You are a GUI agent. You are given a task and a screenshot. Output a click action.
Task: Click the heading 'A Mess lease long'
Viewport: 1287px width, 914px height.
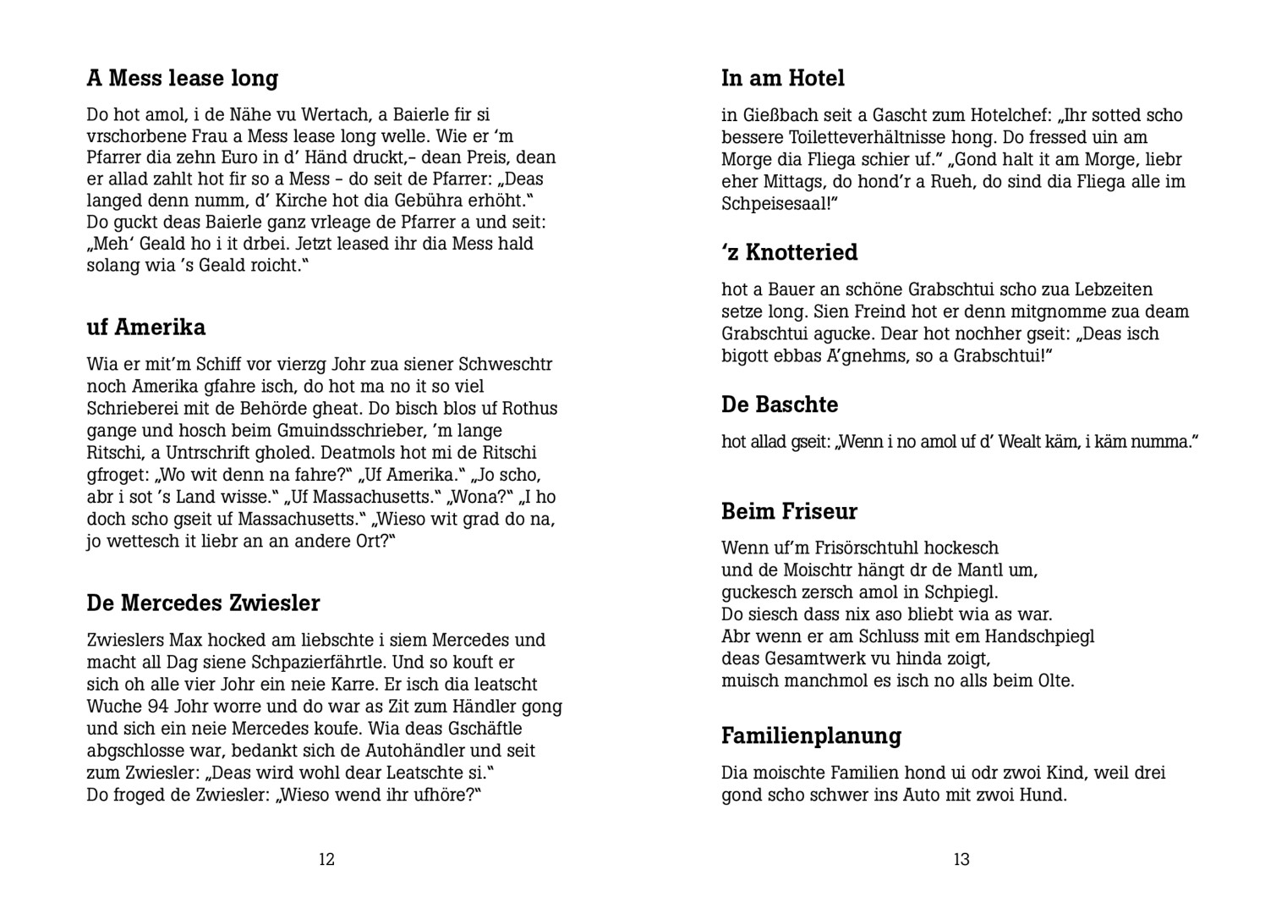[x=182, y=79]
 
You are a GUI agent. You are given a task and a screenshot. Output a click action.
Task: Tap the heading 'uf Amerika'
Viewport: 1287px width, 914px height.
[x=145, y=328]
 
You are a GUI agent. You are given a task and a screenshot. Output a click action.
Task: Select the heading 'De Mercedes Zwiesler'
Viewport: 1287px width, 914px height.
[x=203, y=603]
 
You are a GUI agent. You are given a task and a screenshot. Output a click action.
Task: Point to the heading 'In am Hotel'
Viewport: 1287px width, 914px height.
[x=782, y=79]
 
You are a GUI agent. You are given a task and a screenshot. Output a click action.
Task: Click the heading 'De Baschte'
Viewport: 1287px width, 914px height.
[x=779, y=405]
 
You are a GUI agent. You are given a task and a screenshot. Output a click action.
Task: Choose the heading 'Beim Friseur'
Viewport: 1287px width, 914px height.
[x=789, y=511]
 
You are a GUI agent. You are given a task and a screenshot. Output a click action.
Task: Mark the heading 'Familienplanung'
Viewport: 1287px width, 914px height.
[x=811, y=736]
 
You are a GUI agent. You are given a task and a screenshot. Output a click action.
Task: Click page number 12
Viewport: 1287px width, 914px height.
[x=326, y=860]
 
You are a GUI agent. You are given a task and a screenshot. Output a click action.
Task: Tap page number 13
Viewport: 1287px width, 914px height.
[x=961, y=860]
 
